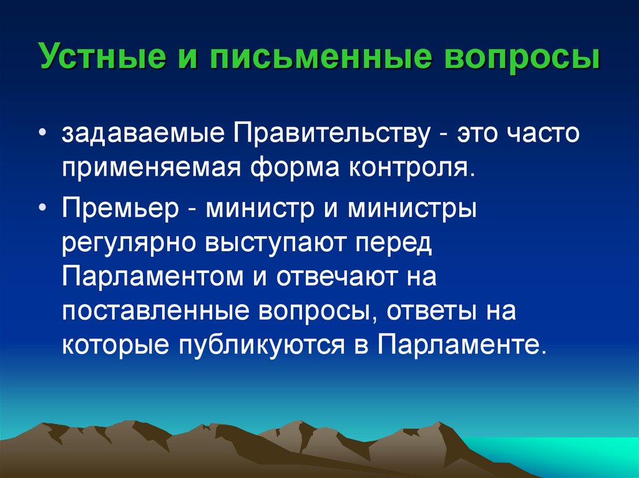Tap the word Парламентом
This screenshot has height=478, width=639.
152,277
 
